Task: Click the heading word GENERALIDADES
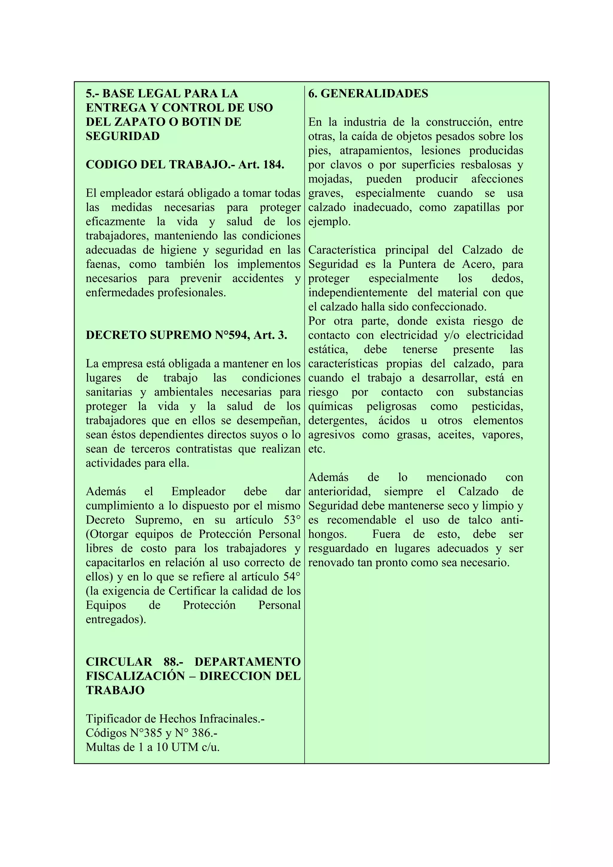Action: click(374, 94)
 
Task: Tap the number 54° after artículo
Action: click(292, 577)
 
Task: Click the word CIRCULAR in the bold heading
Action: click(119, 661)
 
